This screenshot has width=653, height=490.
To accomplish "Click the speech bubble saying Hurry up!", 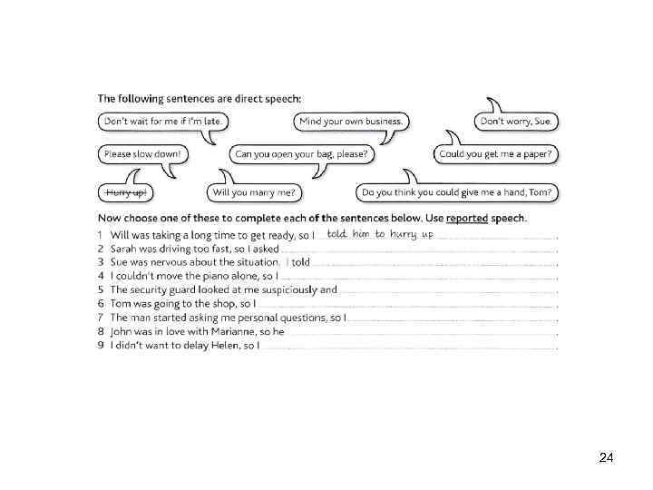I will (x=124, y=192).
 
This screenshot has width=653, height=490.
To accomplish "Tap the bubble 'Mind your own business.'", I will (x=351, y=121).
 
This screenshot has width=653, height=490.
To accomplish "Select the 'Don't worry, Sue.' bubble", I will (x=516, y=121).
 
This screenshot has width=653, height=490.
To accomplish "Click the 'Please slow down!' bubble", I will (x=142, y=154).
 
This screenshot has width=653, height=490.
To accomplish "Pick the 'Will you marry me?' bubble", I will (x=254, y=192).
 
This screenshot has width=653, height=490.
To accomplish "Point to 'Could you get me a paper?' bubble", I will (x=495, y=154).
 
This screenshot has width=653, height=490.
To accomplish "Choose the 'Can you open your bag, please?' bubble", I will (x=301, y=154).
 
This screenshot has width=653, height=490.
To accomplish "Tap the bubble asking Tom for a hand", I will (x=456, y=192).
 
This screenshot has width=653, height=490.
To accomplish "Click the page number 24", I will (x=607, y=458).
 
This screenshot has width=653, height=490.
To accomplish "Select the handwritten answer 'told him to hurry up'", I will (x=380, y=234).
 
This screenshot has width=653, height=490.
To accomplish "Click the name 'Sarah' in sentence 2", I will (x=125, y=249).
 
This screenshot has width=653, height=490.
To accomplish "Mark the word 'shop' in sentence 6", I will (x=219, y=304).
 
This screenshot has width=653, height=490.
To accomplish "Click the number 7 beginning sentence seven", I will (x=101, y=318).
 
